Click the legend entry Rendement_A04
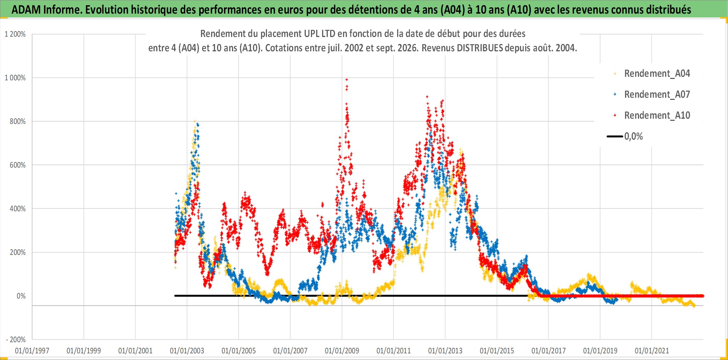point(657,74)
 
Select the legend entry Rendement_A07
point(657,95)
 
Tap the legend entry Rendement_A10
point(657,116)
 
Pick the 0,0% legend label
point(633,137)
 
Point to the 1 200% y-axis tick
point(15,34)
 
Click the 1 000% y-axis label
point(15,78)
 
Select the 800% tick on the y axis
point(18,122)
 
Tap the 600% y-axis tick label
point(18,165)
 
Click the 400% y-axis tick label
point(18,209)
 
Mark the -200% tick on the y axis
point(16,339)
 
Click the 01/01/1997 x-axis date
point(32,351)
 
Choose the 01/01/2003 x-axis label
point(187,351)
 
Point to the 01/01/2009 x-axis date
point(342,351)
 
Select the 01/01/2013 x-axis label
point(445,351)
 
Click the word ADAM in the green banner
point(26,10)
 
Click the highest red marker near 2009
point(347,80)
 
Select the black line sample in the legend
point(615,137)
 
